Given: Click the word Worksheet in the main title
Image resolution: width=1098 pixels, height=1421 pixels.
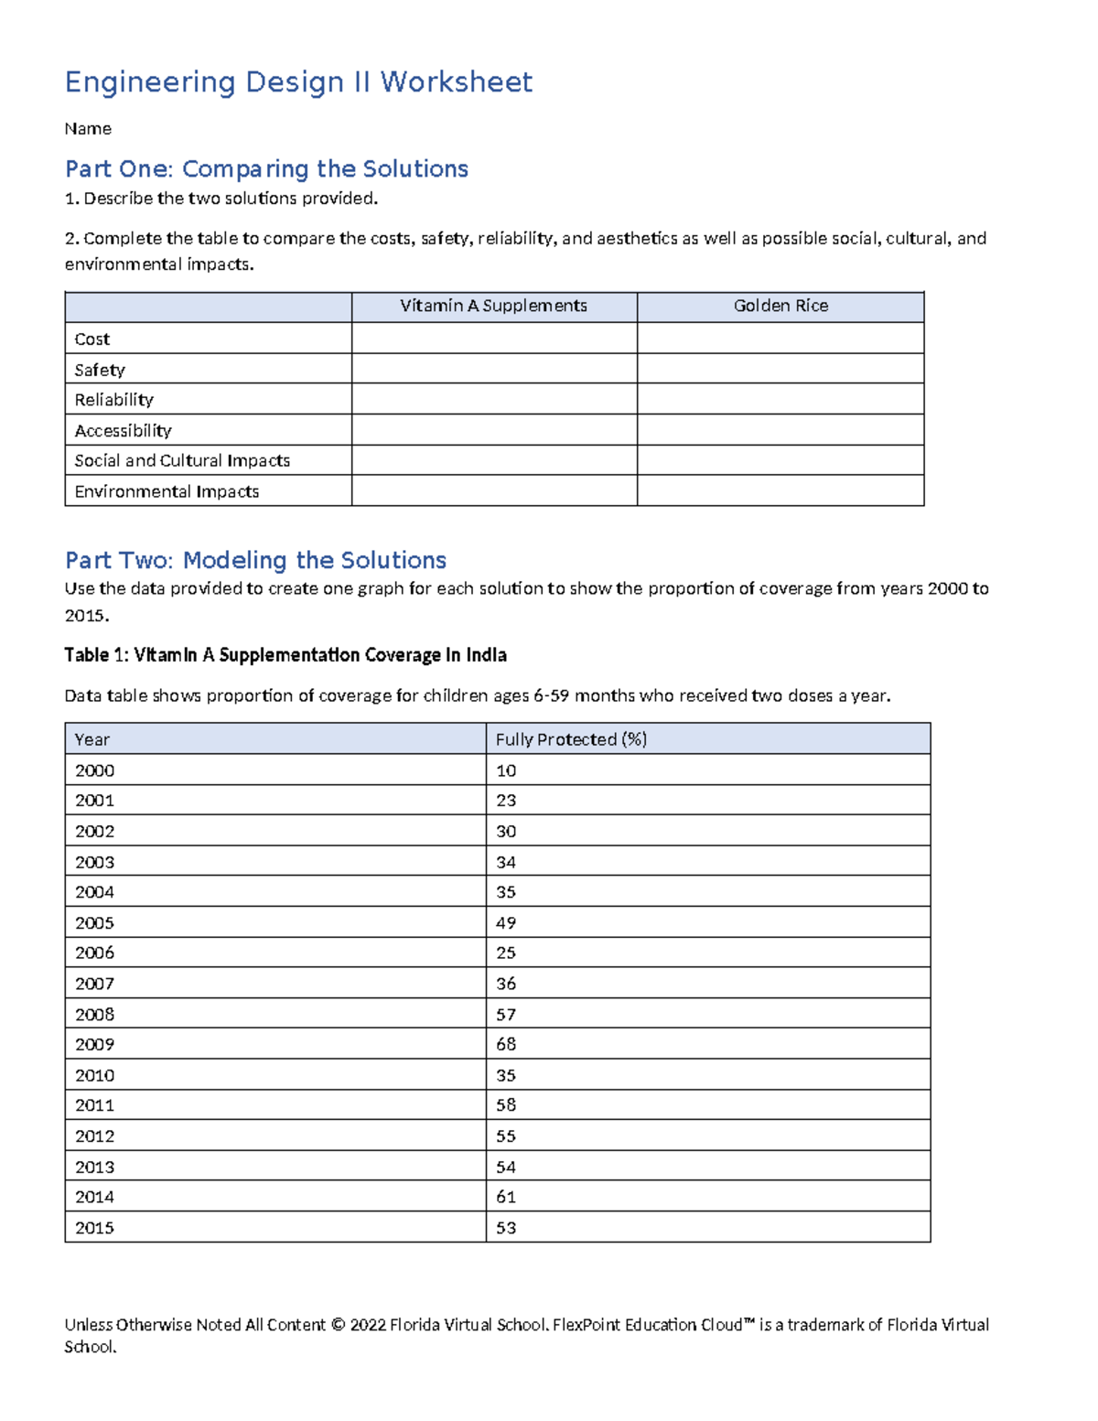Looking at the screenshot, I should tap(456, 82).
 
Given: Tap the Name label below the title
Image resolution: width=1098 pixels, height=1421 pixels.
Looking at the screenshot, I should tap(88, 129).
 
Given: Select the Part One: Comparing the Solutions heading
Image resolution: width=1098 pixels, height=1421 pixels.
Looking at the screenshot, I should tap(266, 169).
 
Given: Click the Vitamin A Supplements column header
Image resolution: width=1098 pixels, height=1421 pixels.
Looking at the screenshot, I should tap(493, 307).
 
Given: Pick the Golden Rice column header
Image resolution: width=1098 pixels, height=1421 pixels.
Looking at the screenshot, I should tap(780, 307).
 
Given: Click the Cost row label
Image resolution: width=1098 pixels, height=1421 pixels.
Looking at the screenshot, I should tap(91, 339).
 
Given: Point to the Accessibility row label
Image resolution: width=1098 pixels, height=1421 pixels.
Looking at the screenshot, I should tap(123, 431).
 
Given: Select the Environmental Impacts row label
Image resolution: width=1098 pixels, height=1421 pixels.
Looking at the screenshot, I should tap(167, 492).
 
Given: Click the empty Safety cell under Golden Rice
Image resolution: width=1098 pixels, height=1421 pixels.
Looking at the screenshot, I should tap(780, 369).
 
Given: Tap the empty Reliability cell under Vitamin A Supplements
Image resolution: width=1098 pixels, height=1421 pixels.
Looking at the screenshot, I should tap(494, 400).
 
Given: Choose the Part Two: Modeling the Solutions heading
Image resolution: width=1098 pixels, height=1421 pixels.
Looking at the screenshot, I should tap(255, 560).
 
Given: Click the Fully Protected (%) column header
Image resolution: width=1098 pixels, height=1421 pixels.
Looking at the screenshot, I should tap(571, 739).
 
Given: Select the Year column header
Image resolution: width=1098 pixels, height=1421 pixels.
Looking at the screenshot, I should tap(91, 739).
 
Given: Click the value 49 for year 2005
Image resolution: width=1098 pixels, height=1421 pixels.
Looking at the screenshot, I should tap(506, 923).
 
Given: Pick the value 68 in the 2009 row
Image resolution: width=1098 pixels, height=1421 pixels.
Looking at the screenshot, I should tap(506, 1045).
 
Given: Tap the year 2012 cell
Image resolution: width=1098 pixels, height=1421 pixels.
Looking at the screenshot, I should tap(94, 1136).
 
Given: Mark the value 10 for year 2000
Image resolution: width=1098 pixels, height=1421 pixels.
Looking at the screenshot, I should tap(506, 770).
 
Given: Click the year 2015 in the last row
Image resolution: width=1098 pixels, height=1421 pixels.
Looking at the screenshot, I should tap(94, 1228).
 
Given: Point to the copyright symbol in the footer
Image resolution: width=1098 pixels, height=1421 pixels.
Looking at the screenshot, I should tap(338, 1325).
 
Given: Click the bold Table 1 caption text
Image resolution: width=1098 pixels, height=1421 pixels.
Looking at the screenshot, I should tap(285, 655).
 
